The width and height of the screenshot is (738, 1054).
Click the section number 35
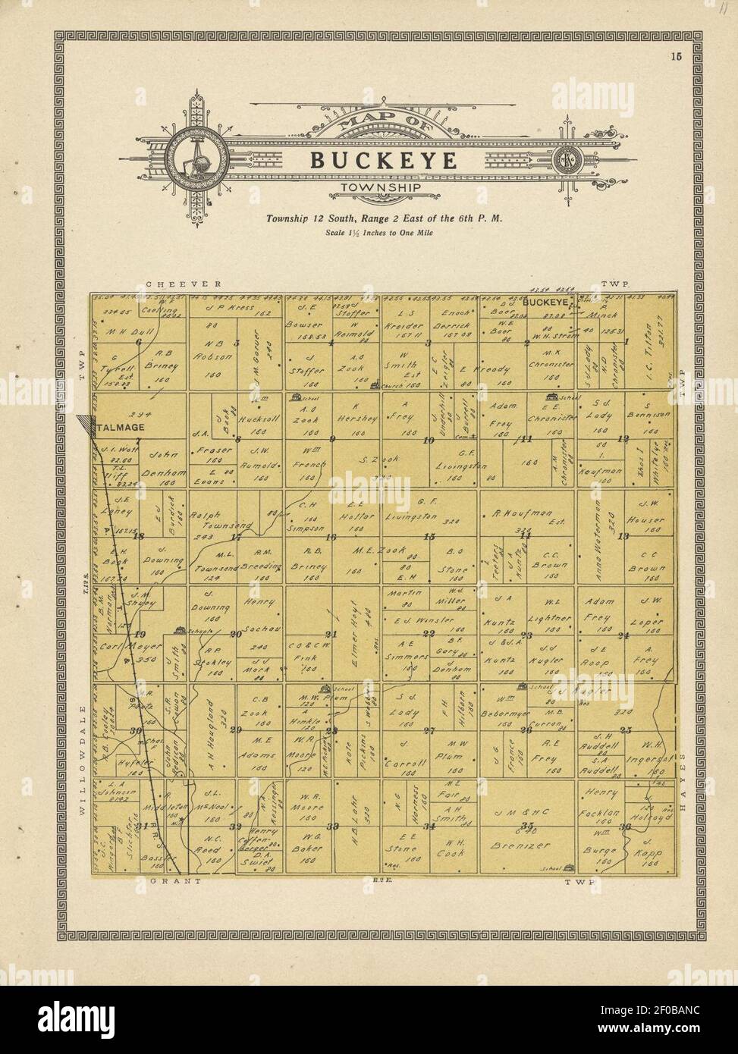point(528,826)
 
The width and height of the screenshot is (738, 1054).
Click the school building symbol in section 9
point(296,397)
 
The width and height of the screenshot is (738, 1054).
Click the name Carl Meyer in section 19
point(121,648)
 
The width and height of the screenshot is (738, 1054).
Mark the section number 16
point(331,537)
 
